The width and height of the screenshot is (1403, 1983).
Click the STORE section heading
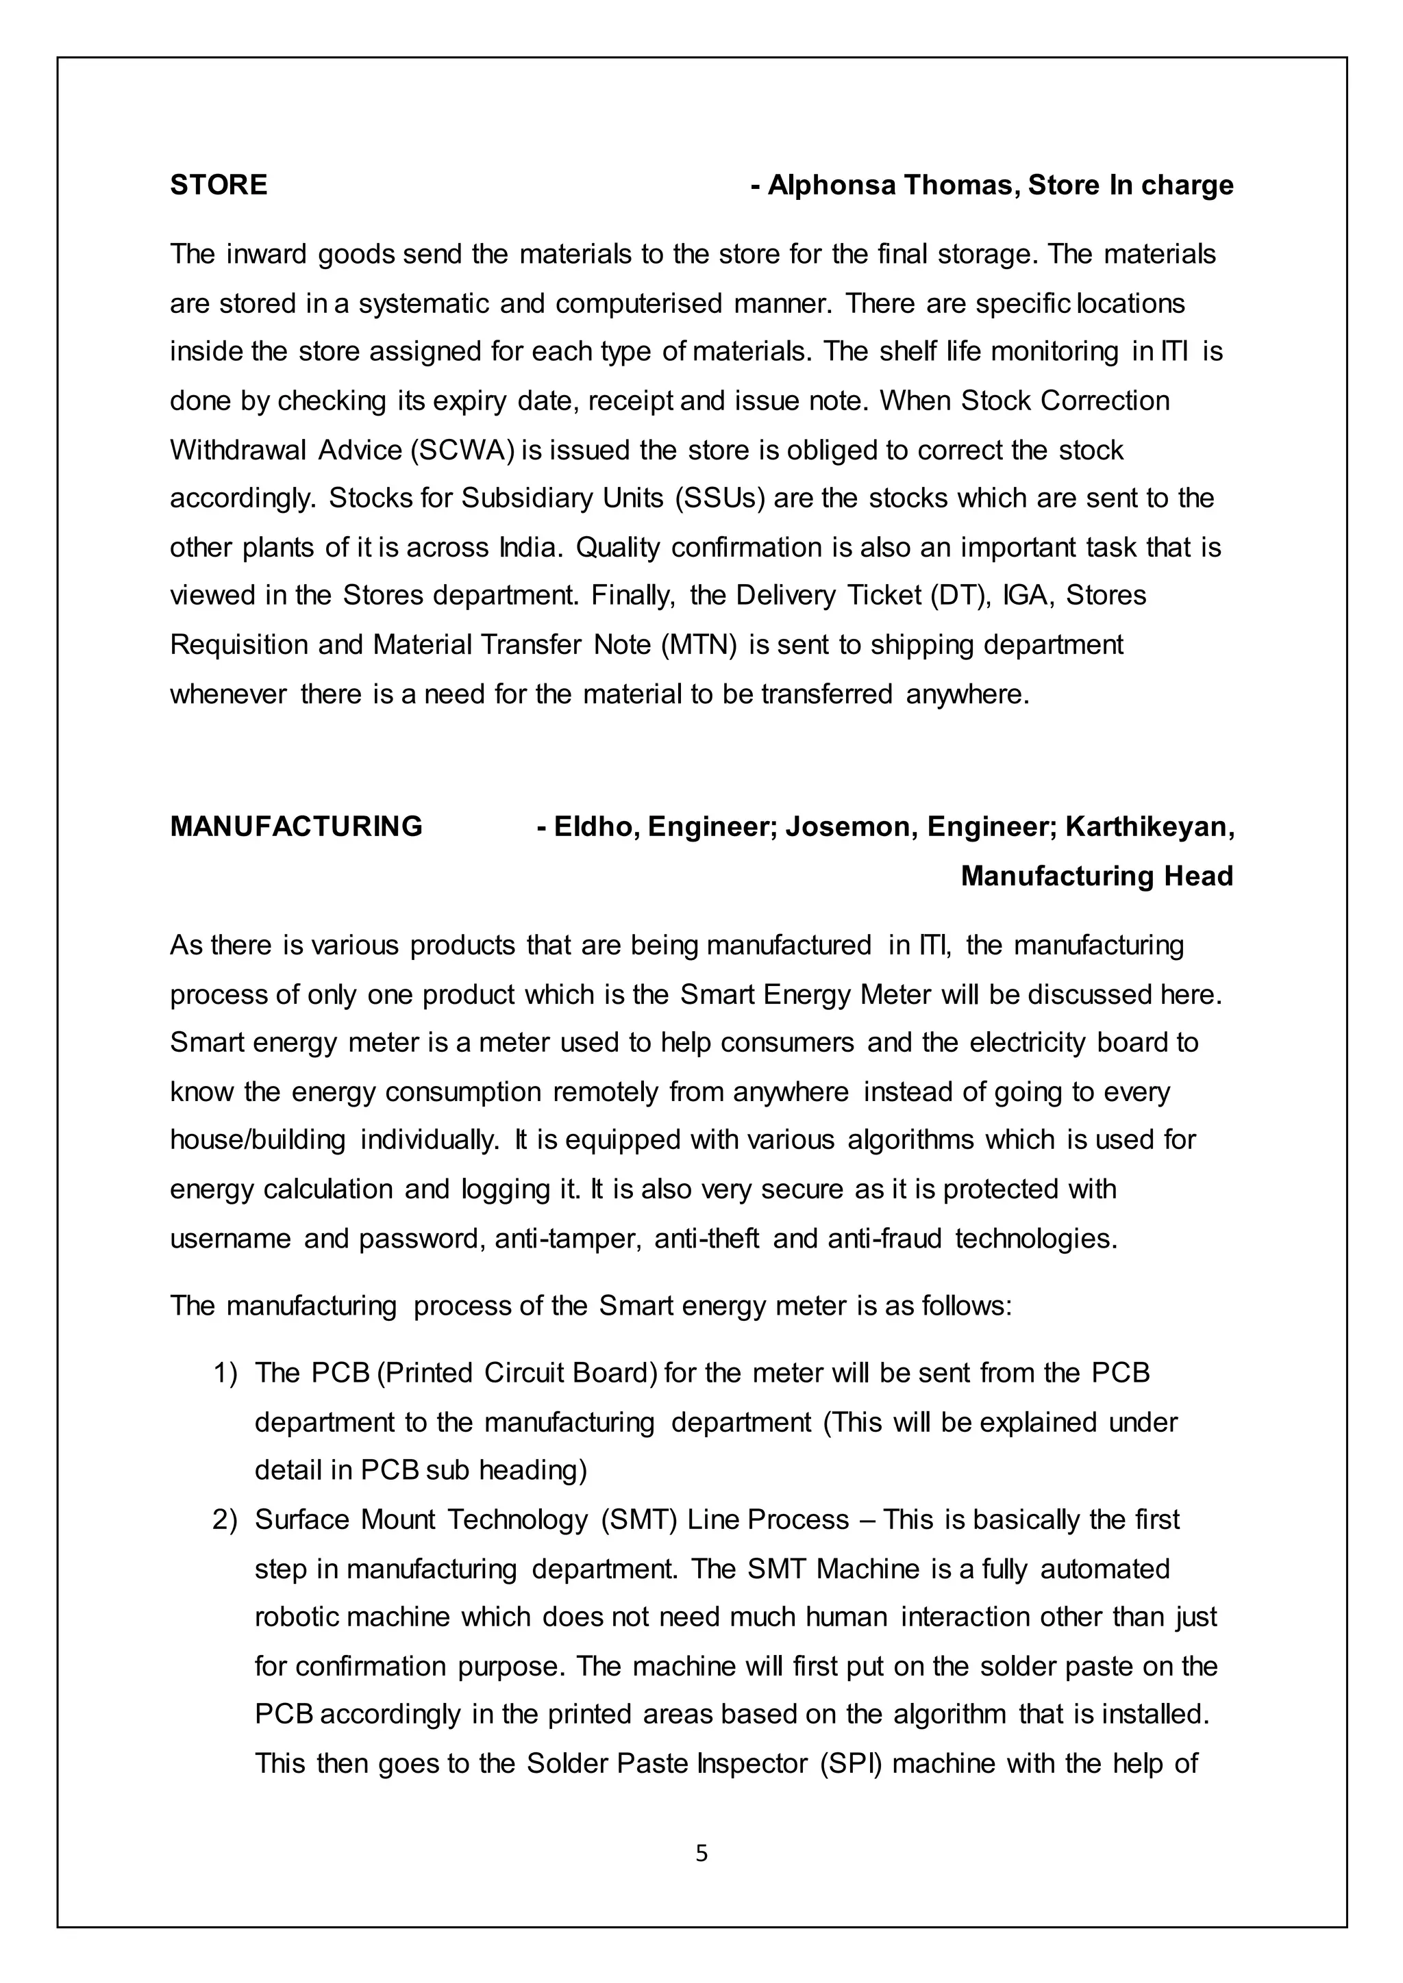(x=219, y=185)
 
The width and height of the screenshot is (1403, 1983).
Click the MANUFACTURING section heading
(x=297, y=826)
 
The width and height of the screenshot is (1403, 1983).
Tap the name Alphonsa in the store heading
(x=831, y=185)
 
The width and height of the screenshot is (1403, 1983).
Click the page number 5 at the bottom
(x=701, y=1854)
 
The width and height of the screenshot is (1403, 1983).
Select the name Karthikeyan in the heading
(x=1149, y=826)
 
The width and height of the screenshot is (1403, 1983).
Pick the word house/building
(x=258, y=1140)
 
